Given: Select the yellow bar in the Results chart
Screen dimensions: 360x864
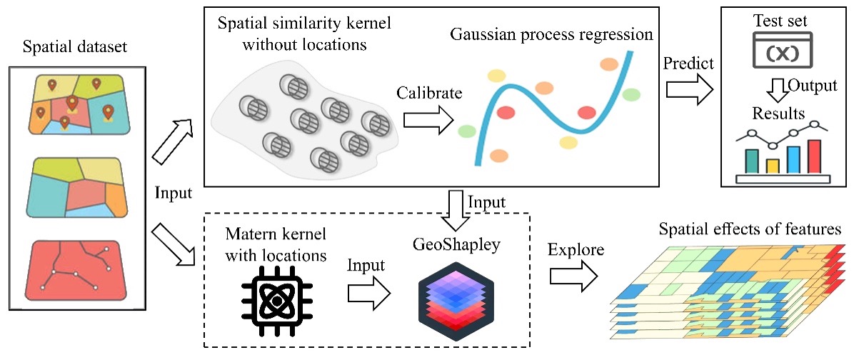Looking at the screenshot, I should click(x=772, y=166).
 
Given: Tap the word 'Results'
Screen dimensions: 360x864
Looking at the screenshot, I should click(x=778, y=114).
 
